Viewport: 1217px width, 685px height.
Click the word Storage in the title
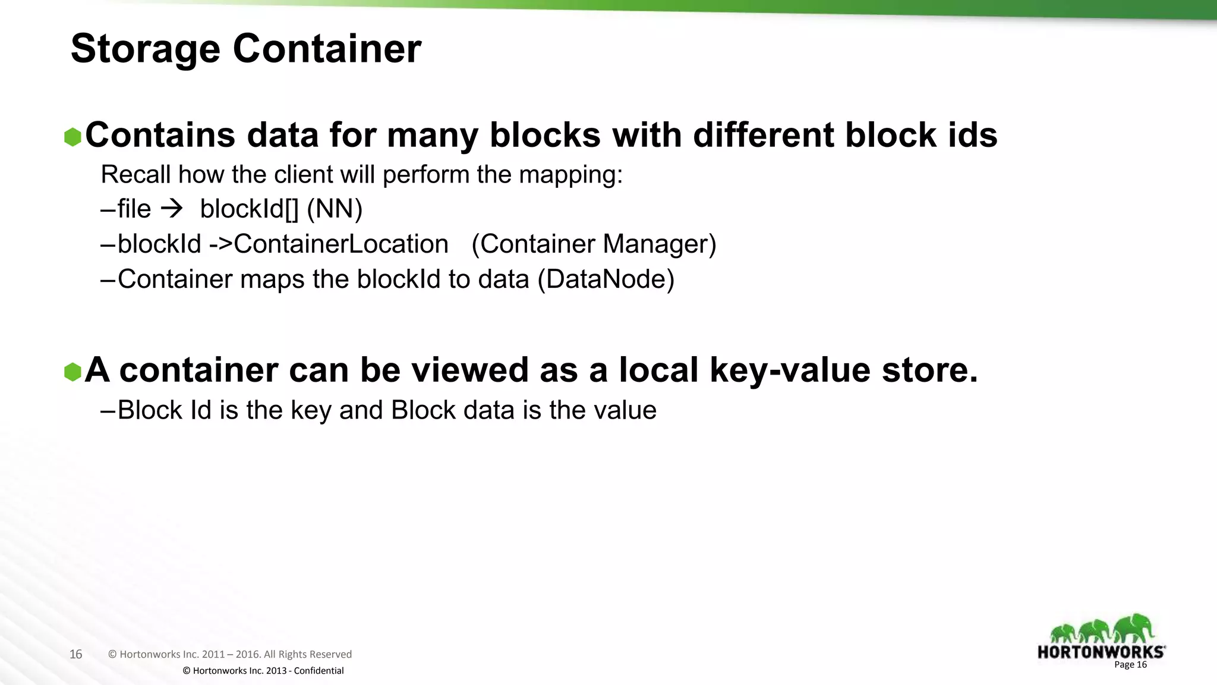click(x=145, y=49)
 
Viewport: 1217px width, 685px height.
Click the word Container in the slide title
click(x=327, y=49)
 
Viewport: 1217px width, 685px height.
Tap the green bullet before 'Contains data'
click(x=72, y=137)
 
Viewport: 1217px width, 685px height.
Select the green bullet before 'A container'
click(x=72, y=372)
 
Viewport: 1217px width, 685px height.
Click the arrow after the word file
click(x=172, y=209)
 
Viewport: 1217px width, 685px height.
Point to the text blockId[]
click(x=250, y=209)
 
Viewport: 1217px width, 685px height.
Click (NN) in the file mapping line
click(x=335, y=209)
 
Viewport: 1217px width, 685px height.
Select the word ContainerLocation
click(x=341, y=244)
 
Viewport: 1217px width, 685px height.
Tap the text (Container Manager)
click(x=594, y=244)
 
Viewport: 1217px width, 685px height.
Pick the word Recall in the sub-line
click(x=135, y=174)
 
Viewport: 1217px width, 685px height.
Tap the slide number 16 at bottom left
click(x=75, y=654)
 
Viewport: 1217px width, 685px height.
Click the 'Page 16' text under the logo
click(x=1130, y=665)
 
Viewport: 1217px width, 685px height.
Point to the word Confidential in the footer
click(x=319, y=671)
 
